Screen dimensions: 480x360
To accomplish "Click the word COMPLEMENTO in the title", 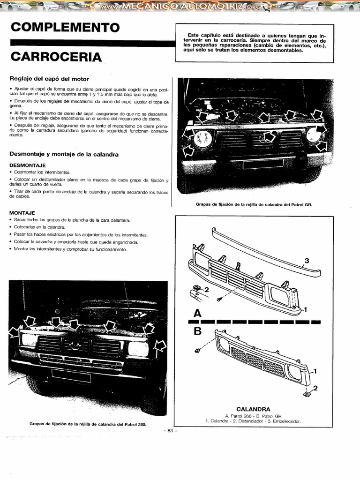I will pyautogui.click(x=65, y=27).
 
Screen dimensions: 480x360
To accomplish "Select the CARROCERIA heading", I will pyautogui.click(x=56, y=57).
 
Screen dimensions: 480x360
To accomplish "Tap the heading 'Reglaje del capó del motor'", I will pyautogui.click(x=49, y=79).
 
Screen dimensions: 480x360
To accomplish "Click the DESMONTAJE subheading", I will pyautogui.click(x=27, y=165).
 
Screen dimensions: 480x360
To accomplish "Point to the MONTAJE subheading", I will pyautogui.click(x=22, y=212).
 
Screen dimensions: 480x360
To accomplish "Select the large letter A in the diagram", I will pyautogui.click(x=197, y=313).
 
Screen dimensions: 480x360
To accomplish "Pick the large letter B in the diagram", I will pyautogui.click(x=197, y=331).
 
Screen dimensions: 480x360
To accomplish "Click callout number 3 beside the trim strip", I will pyautogui.click(x=307, y=261).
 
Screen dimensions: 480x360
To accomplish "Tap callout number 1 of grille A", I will pyautogui.click(x=305, y=309).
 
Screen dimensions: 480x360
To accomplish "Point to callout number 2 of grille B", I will pyautogui.click(x=315, y=388).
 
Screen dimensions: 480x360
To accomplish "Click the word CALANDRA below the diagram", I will pyautogui.click(x=253, y=409).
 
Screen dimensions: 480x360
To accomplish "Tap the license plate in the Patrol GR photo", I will pyautogui.click(x=262, y=164).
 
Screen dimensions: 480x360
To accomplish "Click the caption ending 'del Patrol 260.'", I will pyautogui.click(x=88, y=424).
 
